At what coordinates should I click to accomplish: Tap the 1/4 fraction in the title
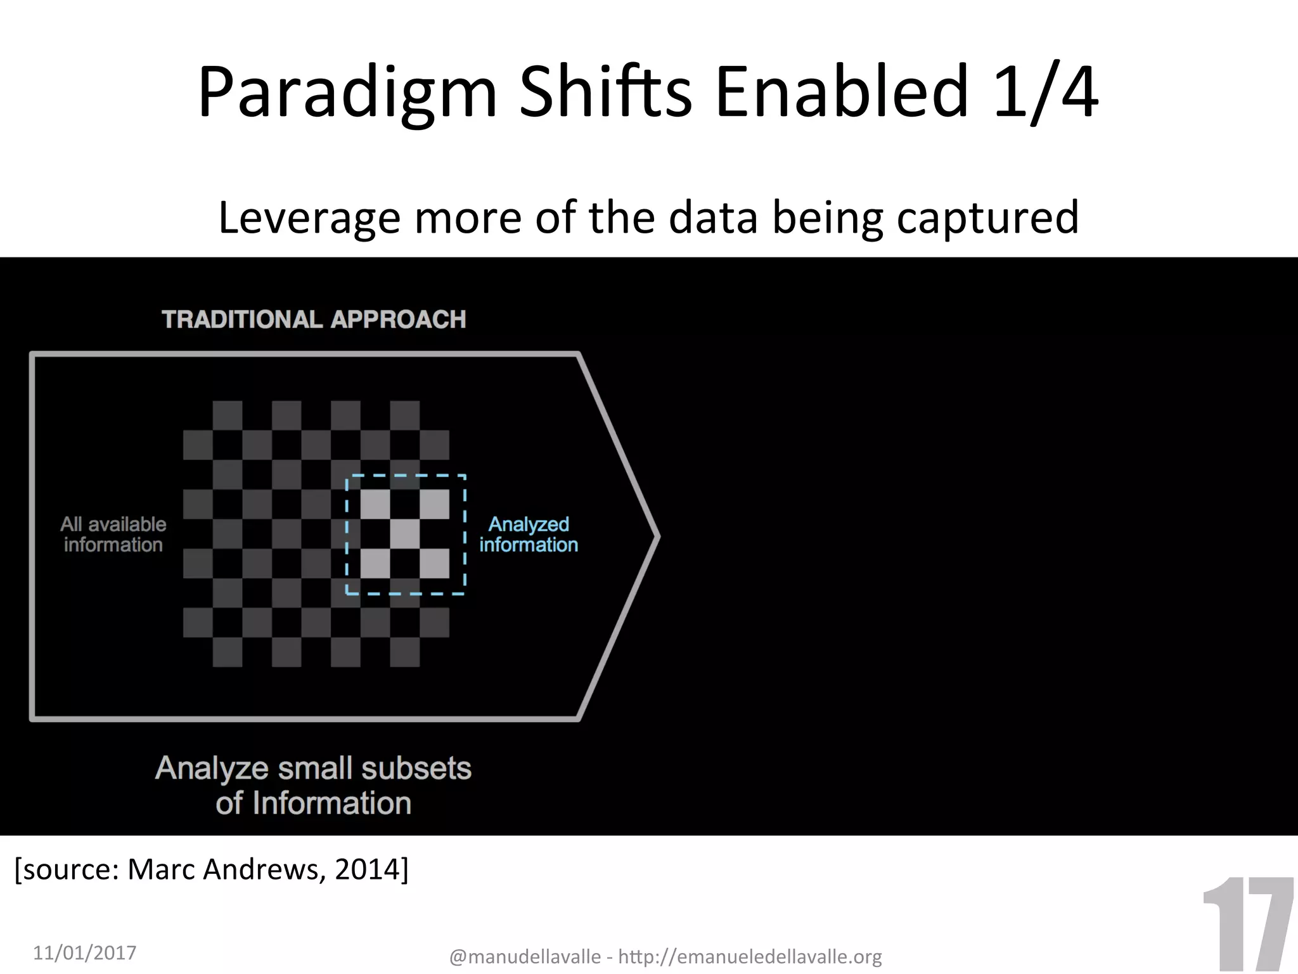tap(1046, 94)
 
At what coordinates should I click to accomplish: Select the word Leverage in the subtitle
tap(309, 218)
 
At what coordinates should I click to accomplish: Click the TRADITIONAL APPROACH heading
tap(314, 319)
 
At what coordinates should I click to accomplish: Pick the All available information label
tap(113, 534)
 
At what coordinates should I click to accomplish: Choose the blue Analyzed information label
tap(529, 534)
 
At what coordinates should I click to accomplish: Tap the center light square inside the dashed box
tap(405, 534)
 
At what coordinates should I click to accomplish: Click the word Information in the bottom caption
tap(331, 803)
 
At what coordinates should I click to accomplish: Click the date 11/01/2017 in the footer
tap(84, 952)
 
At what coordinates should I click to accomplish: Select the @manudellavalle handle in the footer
tap(525, 956)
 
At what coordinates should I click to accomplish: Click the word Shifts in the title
tap(605, 94)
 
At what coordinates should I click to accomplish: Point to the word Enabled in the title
tap(842, 94)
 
